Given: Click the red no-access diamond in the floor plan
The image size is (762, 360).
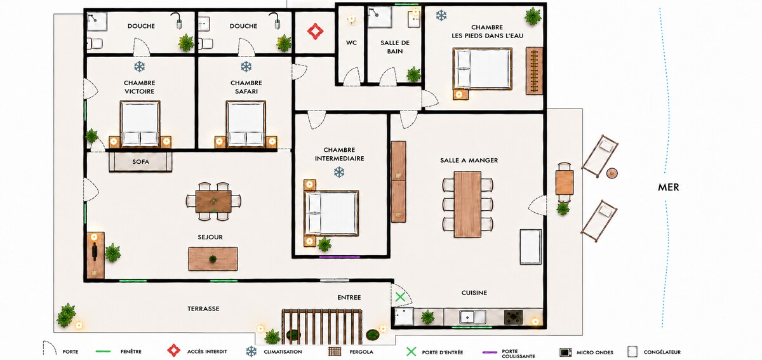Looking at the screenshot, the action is (316, 31).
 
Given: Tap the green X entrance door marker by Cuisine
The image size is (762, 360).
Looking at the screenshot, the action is (400, 297).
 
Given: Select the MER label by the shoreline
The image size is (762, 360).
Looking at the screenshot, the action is (669, 187).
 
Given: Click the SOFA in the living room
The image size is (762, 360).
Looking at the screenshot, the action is (140, 162).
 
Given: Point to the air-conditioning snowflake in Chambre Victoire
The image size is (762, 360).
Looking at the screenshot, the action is (139, 67).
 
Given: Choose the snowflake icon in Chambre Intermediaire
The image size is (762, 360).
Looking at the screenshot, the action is (339, 172).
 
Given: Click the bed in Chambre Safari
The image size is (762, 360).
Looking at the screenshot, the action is (246, 124).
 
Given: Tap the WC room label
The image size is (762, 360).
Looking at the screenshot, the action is (351, 43).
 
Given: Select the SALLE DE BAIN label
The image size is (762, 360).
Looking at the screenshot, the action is (395, 47).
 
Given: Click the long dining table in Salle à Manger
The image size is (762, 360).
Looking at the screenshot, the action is (467, 204).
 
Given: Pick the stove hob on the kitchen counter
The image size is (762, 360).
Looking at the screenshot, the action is (513, 317).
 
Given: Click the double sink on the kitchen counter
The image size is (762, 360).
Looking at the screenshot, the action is (472, 317).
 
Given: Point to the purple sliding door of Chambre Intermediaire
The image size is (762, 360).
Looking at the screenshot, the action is (339, 257).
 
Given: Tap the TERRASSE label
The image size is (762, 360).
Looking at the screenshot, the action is (203, 309).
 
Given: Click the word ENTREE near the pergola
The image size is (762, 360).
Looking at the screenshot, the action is (349, 297).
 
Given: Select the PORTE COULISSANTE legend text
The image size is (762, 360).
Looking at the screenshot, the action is (518, 354).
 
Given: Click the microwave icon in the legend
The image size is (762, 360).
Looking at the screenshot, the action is (566, 352).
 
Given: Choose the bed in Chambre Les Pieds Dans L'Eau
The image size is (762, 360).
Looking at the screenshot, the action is (483, 69).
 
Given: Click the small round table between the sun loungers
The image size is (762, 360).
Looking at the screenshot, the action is (612, 173).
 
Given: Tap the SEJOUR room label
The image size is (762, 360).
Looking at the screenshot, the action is (210, 237).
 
